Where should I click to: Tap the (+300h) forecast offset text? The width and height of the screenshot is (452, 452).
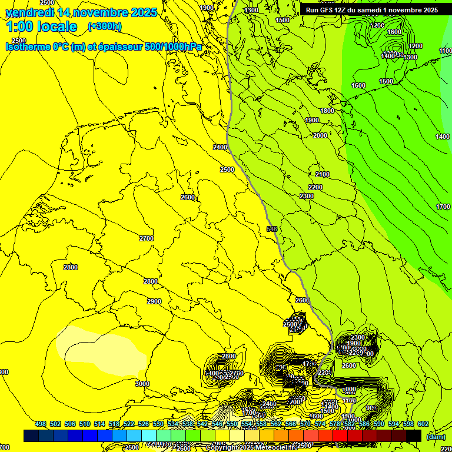(x=105, y=26)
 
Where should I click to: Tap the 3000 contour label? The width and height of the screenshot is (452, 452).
(x=142, y=384)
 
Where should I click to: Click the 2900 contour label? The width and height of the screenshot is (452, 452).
(x=154, y=301)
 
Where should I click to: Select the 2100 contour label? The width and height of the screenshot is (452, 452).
(x=323, y=175)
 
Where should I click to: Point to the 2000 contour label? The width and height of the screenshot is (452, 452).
(x=320, y=136)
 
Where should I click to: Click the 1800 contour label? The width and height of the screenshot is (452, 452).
(x=327, y=111)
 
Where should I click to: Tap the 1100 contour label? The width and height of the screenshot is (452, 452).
(x=446, y=51)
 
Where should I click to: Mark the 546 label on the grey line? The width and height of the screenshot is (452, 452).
(x=272, y=229)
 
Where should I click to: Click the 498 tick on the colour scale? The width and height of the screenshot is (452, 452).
(x=41, y=424)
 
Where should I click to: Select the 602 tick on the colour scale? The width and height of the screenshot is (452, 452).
(x=423, y=424)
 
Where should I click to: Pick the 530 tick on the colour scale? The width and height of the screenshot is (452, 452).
(x=158, y=424)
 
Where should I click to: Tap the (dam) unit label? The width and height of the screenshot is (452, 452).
(x=436, y=436)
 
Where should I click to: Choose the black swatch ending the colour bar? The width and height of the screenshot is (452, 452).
(x=414, y=436)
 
